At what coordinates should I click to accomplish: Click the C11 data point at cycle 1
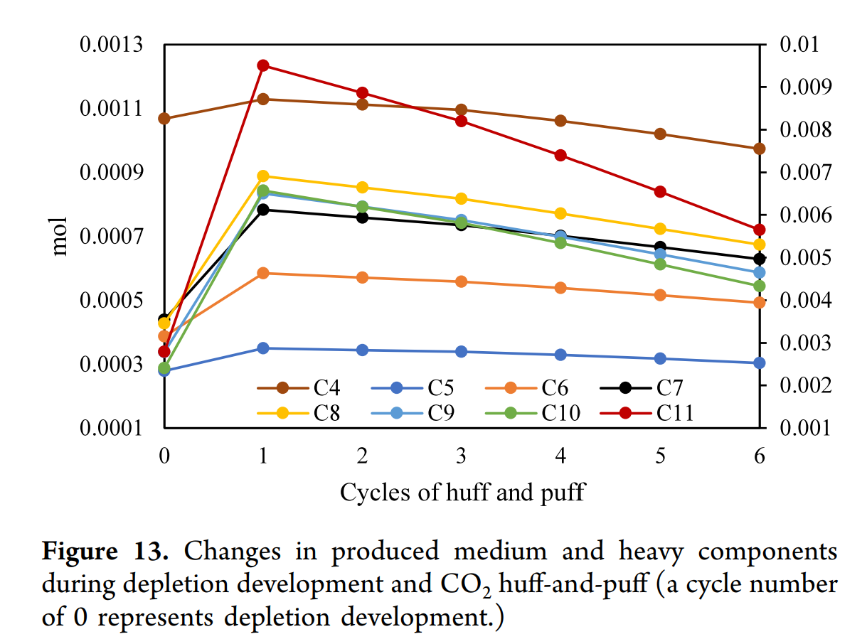click(x=263, y=65)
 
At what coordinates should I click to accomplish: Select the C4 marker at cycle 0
click(x=164, y=119)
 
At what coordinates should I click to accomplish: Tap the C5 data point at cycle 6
click(x=759, y=363)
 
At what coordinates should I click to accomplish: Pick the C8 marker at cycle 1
click(x=263, y=176)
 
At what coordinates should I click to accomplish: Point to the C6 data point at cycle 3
click(x=461, y=281)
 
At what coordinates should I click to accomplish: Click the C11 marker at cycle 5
click(x=660, y=192)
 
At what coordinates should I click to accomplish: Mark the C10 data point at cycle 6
click(x=759, y=286)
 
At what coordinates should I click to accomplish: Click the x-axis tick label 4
click(x=560, y=456)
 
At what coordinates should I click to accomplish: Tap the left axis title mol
click(x=60, y=236)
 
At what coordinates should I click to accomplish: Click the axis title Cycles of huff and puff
click(x=462, y=492)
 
